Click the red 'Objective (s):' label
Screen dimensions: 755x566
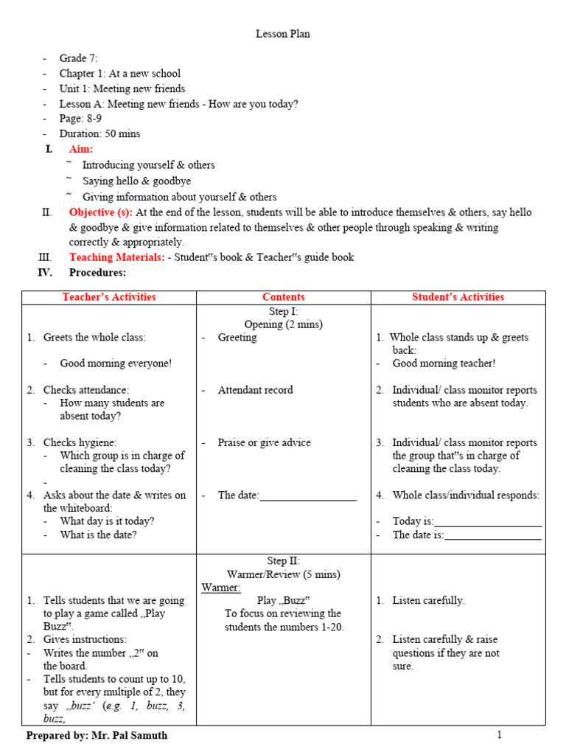101,212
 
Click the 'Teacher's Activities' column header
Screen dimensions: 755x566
109,297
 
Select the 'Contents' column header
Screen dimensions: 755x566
283,297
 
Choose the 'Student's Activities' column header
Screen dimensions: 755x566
458,297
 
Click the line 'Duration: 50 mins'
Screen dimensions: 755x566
99,134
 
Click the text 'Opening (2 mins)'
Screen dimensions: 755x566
283,324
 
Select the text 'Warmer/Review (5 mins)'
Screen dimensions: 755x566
283,574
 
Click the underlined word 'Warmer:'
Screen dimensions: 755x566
221,588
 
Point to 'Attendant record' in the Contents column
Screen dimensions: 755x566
255,390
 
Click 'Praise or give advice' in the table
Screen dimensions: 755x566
264,443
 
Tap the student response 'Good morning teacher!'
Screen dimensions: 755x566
444,363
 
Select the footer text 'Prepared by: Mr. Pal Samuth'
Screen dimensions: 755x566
97,736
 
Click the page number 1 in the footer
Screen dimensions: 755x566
499,735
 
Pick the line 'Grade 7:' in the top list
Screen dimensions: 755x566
78,58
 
